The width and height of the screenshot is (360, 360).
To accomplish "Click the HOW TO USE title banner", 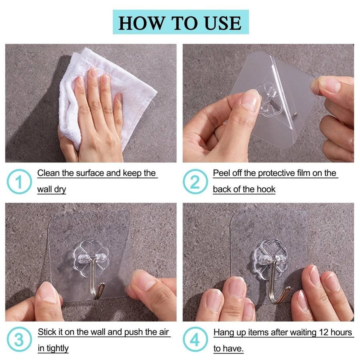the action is click(181, 22).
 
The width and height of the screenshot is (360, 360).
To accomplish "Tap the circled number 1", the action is click(19, 181).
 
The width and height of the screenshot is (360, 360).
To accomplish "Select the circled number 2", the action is click(195, 181).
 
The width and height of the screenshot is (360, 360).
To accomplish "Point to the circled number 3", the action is click(19, 340).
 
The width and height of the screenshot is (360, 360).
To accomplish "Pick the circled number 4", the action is click(195, 340).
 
